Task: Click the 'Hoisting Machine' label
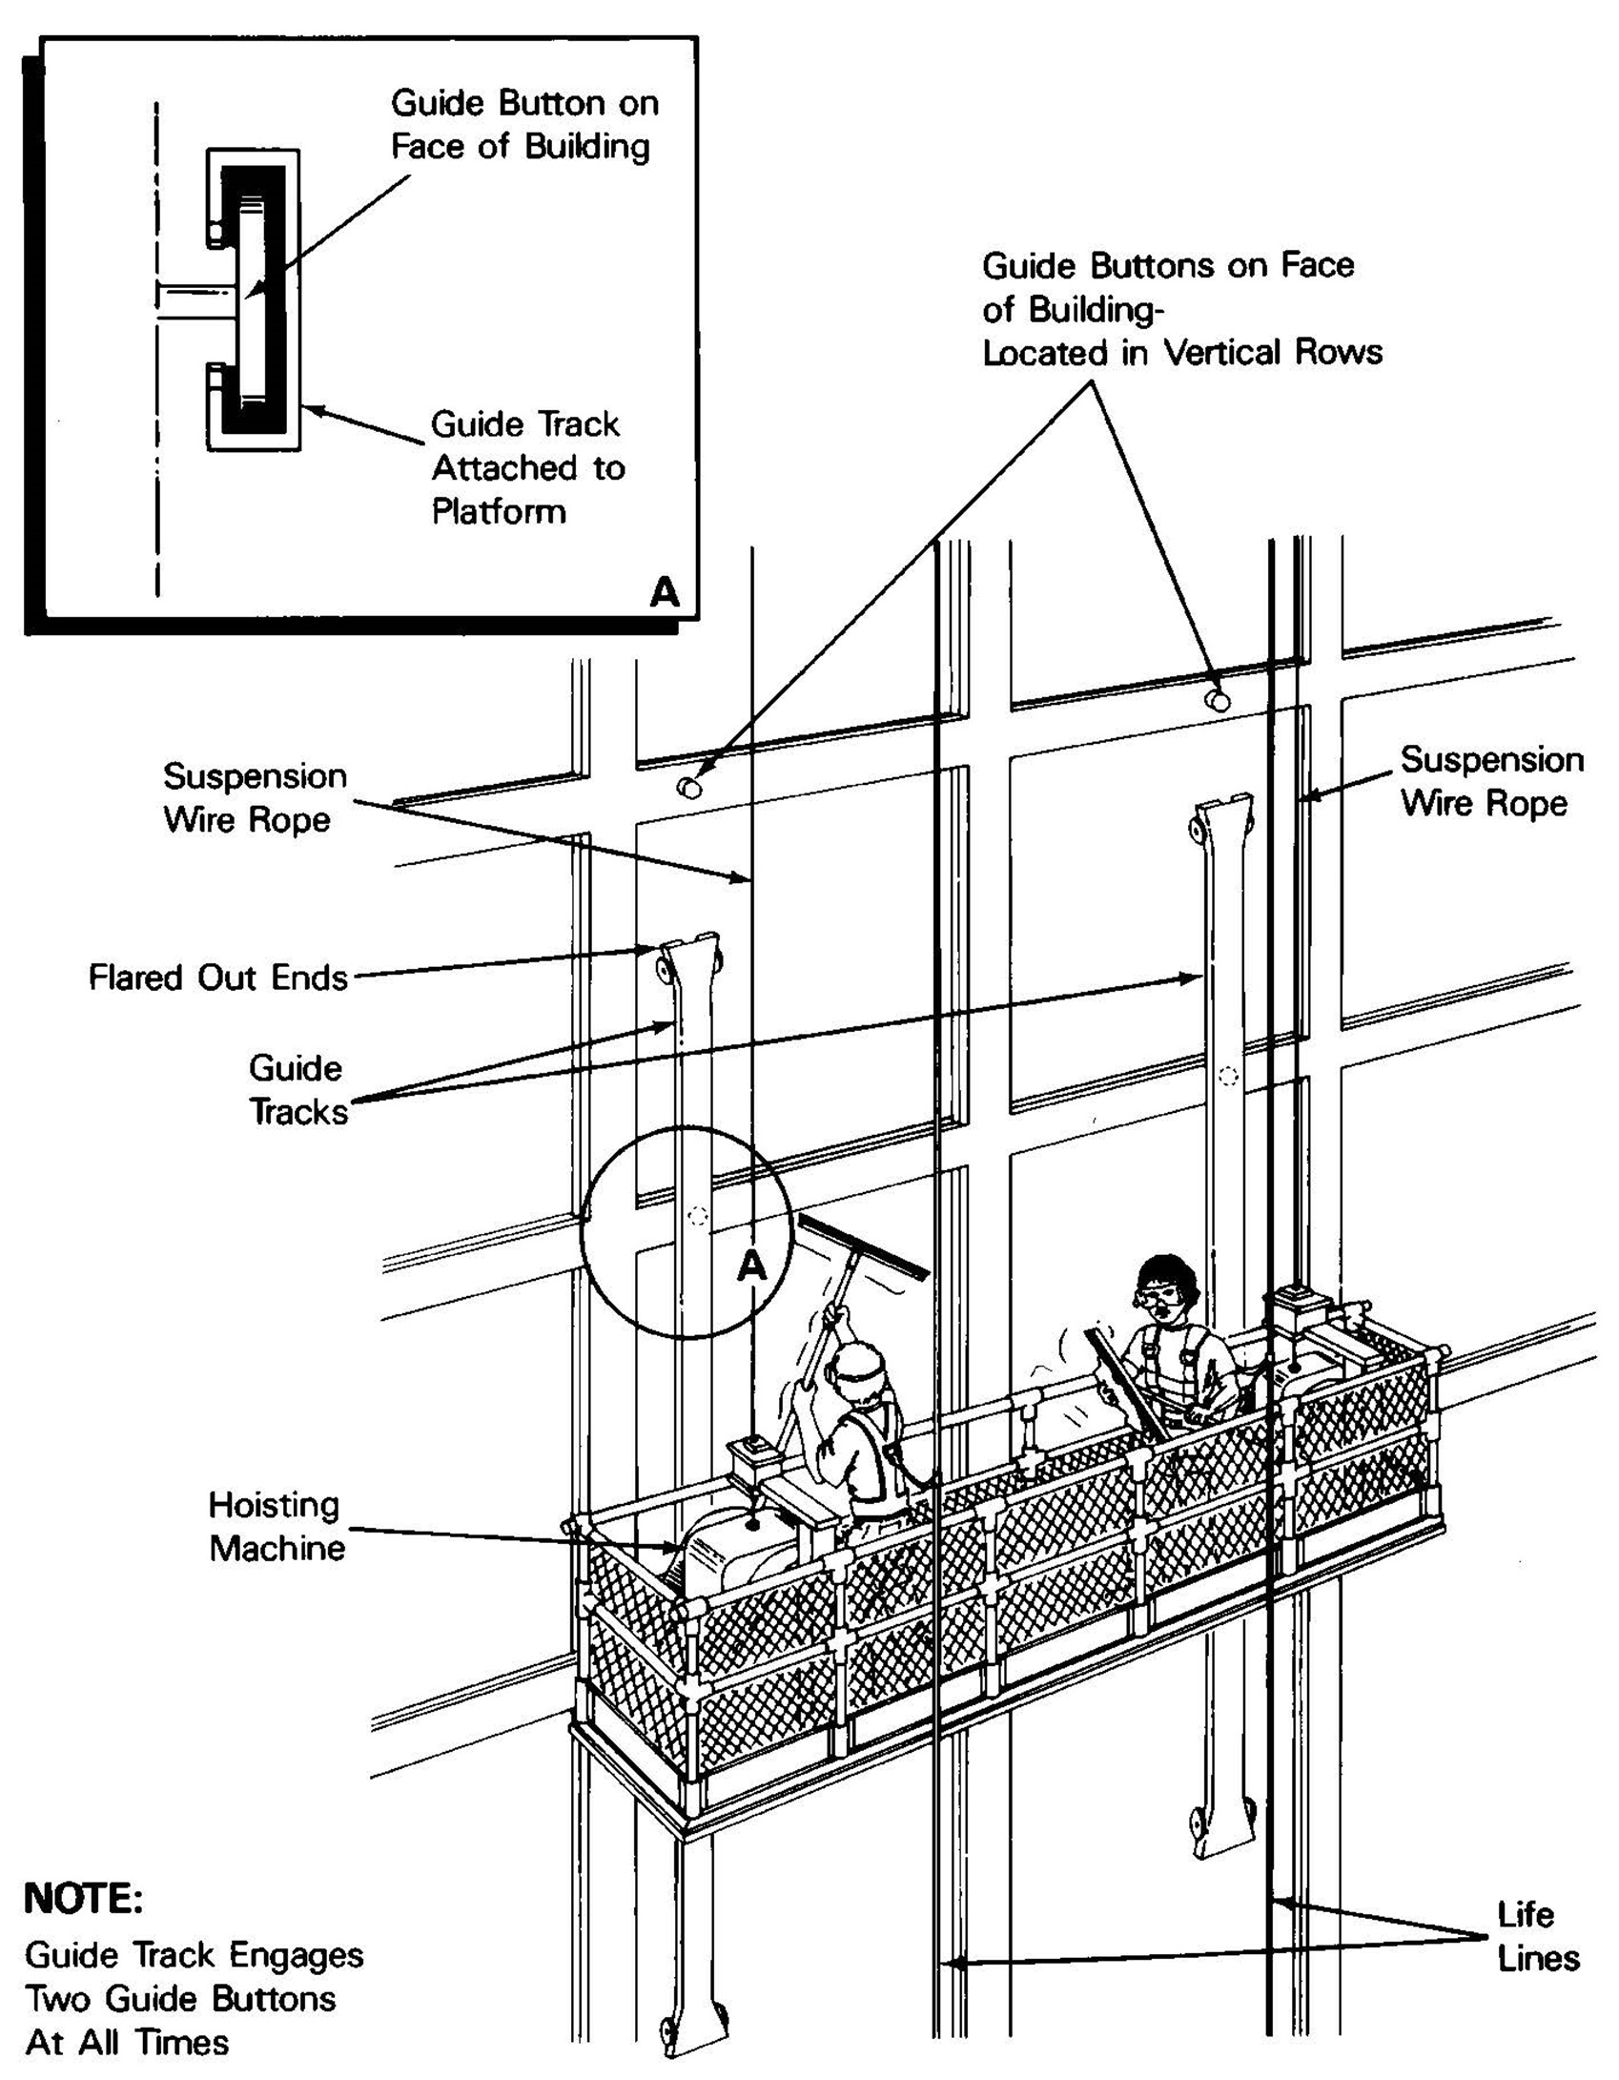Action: pyautogui.click(x=276, y=1526)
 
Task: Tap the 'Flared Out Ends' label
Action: pyautogui.click(x=217, y=978)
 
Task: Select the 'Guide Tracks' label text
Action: pyautogui.click(x=297, y=1090)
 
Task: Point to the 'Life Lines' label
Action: pyautogui.click(x=1537, y=1935)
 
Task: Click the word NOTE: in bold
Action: pyautogui.click(x=84, y=1898)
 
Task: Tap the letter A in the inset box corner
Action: pyautogui.click(x=665, y=592)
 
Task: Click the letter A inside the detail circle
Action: pyautogui.click(x=752, y=1266)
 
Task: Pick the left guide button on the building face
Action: pyautogui.click(x=688, y=787)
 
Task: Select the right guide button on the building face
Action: pyautogui.click(x=1218, y=699)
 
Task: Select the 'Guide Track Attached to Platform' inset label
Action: pyautogui.click(x=527, y=467)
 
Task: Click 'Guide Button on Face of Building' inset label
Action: pyautogui.click(x=523, y=124)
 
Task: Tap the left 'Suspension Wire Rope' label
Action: pyautogui.click(x=254, y=797)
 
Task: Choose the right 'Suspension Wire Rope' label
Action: pyautogui.click(x=1491, y=781)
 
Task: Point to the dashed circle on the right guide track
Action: pyautogui.click(x=1228, y=1076)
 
